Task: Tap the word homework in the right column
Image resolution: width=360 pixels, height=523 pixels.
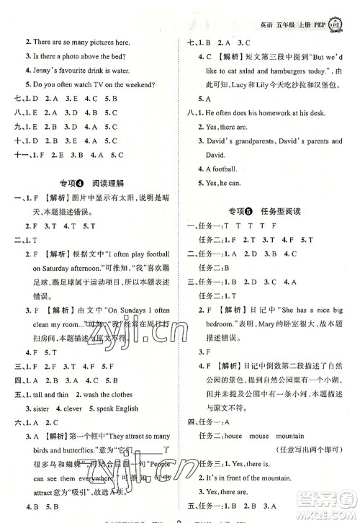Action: tap(271, 112)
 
